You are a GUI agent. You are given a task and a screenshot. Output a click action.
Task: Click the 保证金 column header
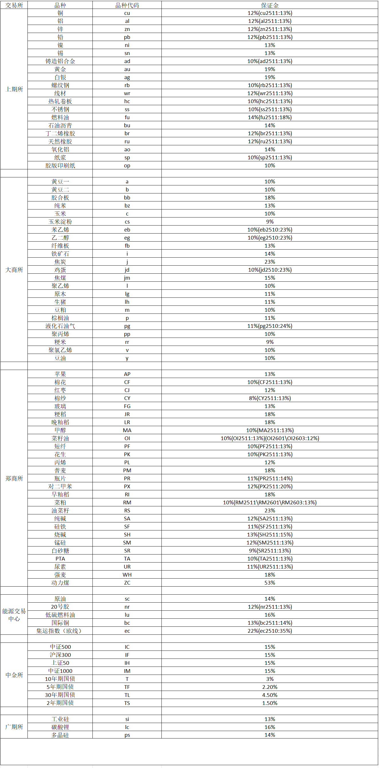pos(269,5)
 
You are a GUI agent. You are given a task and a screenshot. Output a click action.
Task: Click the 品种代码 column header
pos(127,5)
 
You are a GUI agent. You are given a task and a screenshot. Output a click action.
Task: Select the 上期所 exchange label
pos(14,89)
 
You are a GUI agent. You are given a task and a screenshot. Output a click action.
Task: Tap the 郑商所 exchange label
pos(14,478)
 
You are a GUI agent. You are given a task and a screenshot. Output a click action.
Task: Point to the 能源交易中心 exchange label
pos(14,614)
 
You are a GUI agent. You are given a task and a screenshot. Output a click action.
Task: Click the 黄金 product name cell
pos(60,69)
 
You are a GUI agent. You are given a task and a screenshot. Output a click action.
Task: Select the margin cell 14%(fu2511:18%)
pos(269,117)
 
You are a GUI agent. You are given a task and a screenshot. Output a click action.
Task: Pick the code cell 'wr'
pos(127,93)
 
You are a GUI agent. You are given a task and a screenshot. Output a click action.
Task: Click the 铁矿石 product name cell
pos(60,254)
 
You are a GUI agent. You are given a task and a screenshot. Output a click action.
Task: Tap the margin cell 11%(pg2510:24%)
pos(269,326)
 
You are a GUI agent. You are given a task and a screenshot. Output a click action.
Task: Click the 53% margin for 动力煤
pos(269,583)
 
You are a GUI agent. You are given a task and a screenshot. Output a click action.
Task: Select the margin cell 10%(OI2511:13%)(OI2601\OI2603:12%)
pos(269,438)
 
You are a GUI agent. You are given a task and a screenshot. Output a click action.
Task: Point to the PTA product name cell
pos(60,559)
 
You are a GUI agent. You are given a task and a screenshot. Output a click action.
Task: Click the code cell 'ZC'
pos(127,583)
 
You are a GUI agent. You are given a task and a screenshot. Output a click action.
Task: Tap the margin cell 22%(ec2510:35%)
pos(269,630)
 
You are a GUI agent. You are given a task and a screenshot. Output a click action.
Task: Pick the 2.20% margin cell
pos(269,687)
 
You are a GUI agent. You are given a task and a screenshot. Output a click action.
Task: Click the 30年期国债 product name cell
pos(60,695)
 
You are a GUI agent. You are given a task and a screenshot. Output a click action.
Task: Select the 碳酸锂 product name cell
pos(60,727)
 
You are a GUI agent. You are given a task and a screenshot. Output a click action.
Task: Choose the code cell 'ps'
pos(127,735)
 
